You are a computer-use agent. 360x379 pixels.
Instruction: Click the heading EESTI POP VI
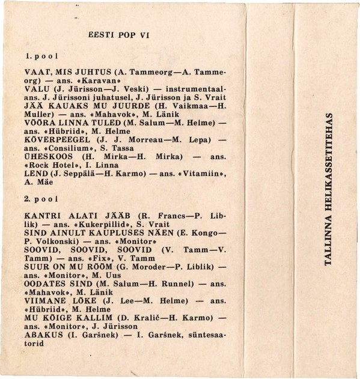tap(118, 35)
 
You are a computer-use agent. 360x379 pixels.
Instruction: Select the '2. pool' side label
tap(41, 198)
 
